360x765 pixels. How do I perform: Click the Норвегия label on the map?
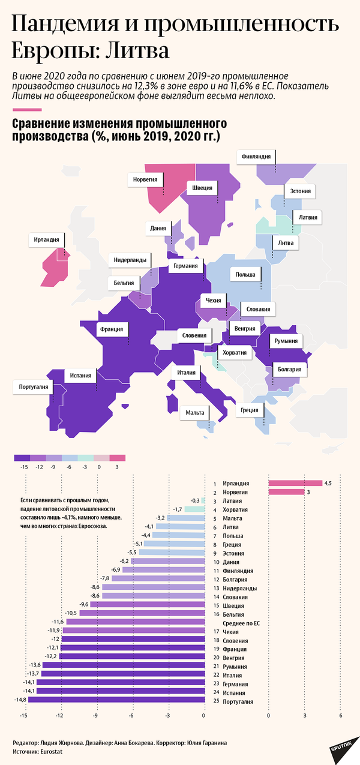tap(145, 179)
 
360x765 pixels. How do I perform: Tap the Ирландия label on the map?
tap(46, 240)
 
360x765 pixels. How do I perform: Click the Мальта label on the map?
tap(195, 413)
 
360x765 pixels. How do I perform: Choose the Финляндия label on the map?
tap(256, 157)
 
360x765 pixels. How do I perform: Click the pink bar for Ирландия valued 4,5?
tap(295, 483)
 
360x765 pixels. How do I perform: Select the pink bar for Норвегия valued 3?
tap(286, 492)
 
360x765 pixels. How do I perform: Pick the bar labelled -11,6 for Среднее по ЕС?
tap(135, 622)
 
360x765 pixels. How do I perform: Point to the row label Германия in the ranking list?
tap(235, 683)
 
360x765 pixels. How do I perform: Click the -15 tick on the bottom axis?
tap(25, 715)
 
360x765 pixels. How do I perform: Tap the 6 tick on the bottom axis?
tap(341, 715)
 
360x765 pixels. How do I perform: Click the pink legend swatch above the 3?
tap(117, 458)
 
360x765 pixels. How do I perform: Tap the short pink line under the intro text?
tap(26, 110)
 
